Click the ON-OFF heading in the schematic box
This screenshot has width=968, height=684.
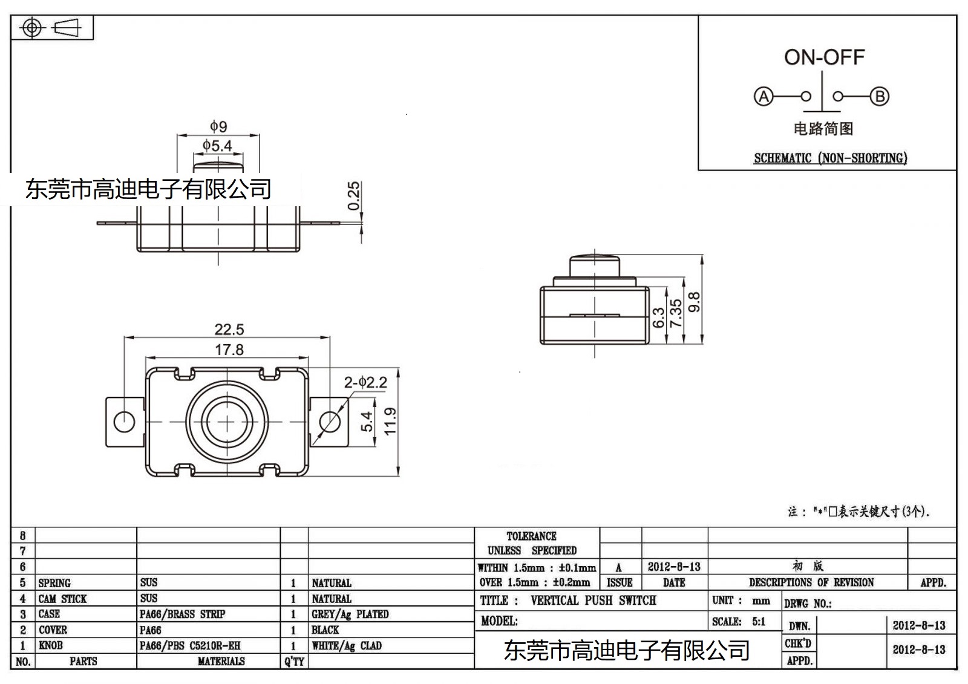824,57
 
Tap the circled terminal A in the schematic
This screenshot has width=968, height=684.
764,96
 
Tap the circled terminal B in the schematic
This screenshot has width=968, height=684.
879,96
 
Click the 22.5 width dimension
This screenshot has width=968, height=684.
229,330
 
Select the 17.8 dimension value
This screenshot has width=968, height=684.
229,350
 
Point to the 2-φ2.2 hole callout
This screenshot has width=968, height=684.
365,382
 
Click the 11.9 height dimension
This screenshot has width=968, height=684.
390,421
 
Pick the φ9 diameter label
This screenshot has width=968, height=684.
218,126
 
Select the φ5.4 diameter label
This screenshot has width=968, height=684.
217,146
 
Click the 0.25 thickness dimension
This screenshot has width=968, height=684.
354,195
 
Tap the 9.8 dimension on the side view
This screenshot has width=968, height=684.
695,302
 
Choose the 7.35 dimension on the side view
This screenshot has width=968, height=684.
676,313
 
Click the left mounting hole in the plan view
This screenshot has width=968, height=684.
124,421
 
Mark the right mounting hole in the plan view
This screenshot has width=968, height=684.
329,421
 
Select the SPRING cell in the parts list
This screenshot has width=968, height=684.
54,583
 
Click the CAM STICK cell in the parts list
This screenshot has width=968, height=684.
62,599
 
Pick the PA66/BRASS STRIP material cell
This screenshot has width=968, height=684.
182,614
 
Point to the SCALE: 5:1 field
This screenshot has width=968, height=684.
739,622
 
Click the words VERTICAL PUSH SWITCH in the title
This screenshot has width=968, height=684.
593,601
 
